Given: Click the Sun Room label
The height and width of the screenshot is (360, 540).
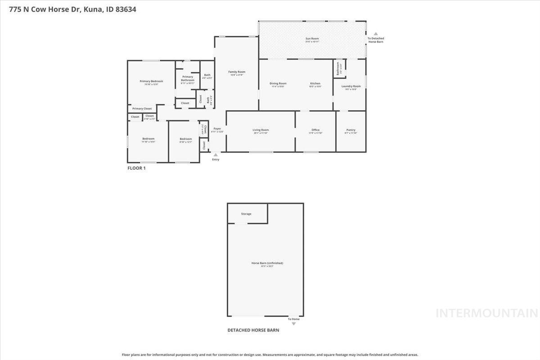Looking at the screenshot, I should pos(312,39).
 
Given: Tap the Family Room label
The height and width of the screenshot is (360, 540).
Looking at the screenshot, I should pos(237,72).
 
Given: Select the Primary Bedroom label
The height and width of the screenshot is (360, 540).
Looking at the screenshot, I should pos(151,81).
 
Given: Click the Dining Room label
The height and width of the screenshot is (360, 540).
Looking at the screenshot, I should pos(278,84).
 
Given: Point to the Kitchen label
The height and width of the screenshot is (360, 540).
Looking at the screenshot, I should pos(315,84).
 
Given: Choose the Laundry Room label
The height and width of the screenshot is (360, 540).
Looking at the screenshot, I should pos(351,86).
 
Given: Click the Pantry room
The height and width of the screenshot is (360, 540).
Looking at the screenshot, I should pos(351,131).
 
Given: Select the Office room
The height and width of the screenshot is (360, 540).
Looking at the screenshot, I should pos(315,131).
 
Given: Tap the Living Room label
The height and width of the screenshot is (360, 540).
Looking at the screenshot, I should pos(261,130).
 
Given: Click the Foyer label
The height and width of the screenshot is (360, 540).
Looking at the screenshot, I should pos(217,129).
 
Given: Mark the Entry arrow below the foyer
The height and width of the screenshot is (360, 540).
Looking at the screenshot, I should pos(216,155).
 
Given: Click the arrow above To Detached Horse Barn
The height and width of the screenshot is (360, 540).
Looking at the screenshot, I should pos(376,34).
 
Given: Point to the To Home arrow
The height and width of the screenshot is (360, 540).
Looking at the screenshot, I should pos(294,324).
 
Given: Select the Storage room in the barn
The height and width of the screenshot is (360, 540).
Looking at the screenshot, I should pos(247,213).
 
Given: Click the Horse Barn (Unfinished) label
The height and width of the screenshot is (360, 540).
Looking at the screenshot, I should pos(267,263).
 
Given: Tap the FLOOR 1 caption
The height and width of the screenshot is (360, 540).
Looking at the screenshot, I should pos(137,168).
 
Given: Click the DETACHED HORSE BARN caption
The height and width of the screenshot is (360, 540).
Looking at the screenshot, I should pos(253,330).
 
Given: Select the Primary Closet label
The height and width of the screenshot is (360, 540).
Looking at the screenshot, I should pos(142,108).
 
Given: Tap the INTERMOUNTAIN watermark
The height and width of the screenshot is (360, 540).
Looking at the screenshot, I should pos(486,313).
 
